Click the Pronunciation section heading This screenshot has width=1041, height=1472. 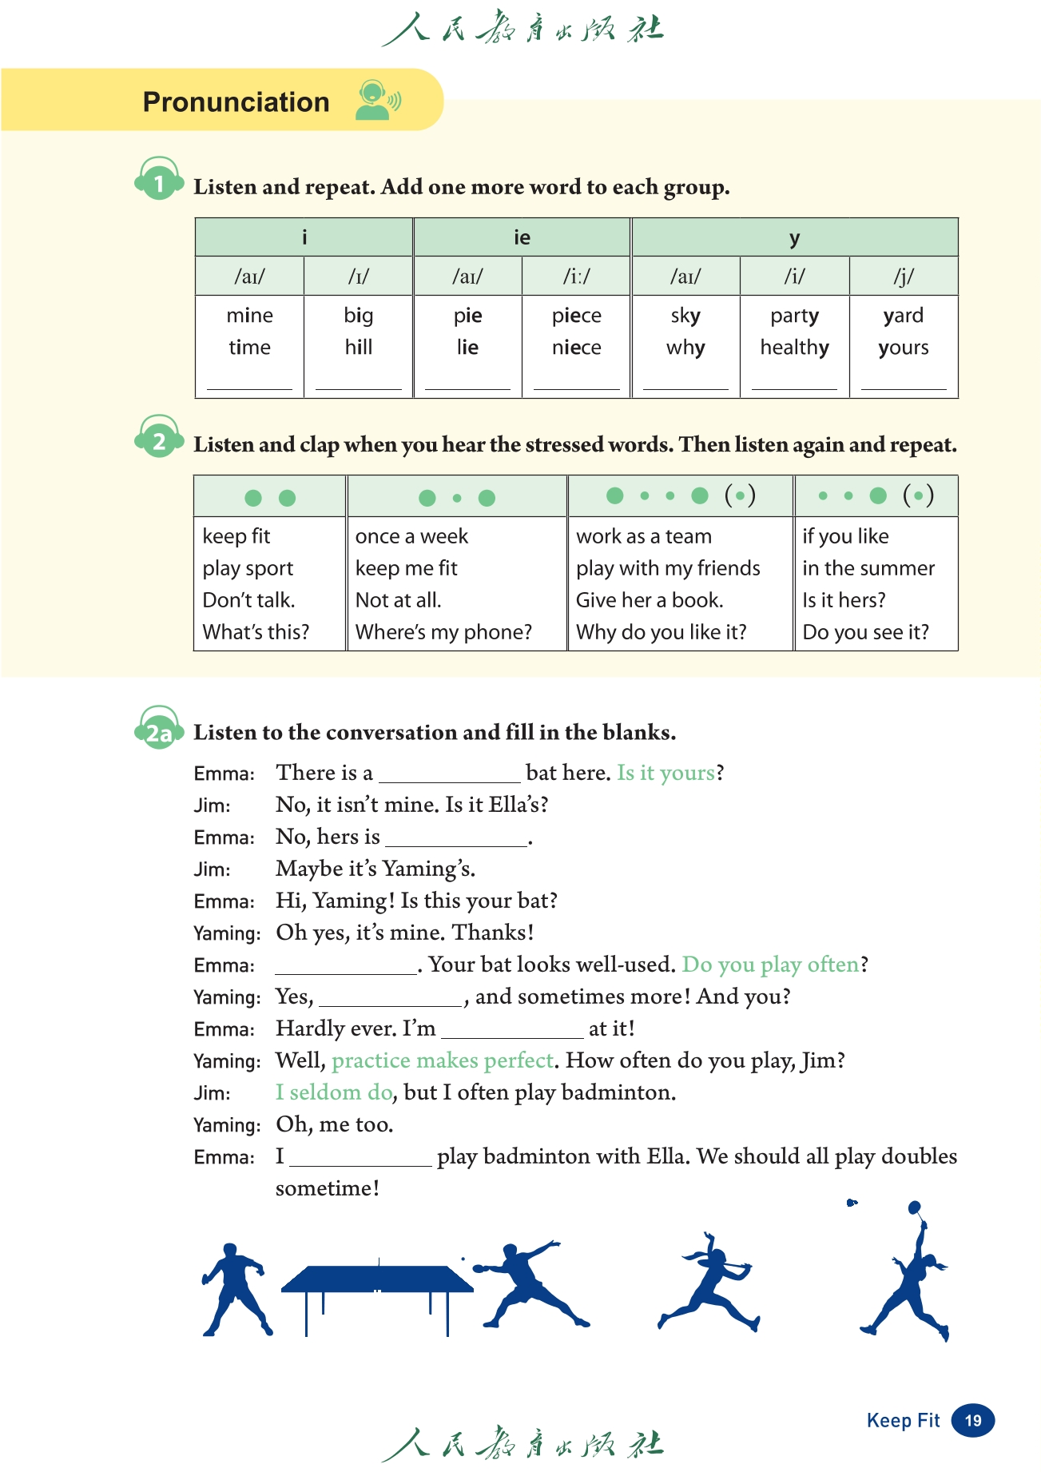[236, 102]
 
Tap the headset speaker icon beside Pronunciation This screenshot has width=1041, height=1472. [377, 101]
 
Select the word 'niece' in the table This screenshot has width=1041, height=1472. [576, 348]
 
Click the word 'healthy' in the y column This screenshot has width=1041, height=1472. [794, 348]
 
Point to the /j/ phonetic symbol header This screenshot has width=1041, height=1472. [903, 276]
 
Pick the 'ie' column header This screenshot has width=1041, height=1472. [522, 237]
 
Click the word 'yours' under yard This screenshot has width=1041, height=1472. [903, 348]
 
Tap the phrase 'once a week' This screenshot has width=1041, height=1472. [411, 536]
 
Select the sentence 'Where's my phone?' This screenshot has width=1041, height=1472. [443, 632]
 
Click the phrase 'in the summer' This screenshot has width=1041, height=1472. [868, 568]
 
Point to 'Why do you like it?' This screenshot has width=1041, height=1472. [661, 632]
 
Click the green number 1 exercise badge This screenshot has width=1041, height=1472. [159, 183]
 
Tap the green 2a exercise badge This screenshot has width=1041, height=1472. [158, 732]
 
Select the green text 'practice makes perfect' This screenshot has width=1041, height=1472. [443, 1060]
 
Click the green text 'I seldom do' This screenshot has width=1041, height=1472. [334, 1092]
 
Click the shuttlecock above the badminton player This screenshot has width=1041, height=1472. [852, 1203]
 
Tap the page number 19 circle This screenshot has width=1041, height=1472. [972, 1420]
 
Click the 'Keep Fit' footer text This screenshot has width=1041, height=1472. [903, 1420]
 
